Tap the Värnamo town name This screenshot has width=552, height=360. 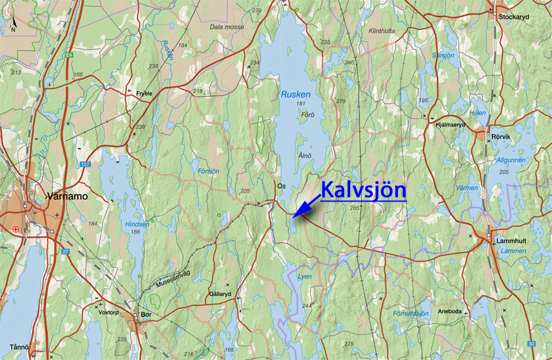click(x=67, y=197)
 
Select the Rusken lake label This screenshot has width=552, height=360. click(x=296, y=94)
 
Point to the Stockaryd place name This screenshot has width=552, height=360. click(x=513, y=17)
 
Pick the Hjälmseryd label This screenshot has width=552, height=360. click(x=450, y=124)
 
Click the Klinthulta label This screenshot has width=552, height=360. click(x=381, y=30)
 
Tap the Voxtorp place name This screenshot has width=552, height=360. click(x=110, y=312)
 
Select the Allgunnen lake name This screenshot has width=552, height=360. click(x=511, y=159)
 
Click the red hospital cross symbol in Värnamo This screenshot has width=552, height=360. click(x=15, y=229)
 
